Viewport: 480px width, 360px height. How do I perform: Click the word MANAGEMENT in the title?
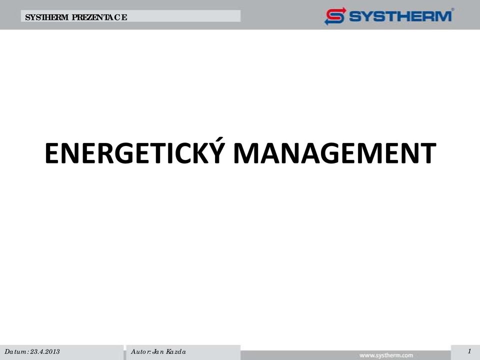tap(335, 153)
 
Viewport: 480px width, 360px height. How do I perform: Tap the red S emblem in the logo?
tap(335, 16)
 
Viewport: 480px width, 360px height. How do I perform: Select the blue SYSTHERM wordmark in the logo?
tap(400, 16)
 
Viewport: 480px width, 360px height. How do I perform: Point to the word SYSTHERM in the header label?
tap(47, 17)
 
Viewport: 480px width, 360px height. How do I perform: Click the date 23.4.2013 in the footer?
tap(45, 351)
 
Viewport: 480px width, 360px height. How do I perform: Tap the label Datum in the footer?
tap(15, 351)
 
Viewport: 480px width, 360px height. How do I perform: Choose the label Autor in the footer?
tap(140, 351)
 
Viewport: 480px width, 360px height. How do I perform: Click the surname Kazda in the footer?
tap(176, 351)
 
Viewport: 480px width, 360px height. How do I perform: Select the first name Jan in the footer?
tap(158, 351)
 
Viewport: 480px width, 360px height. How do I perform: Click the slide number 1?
tap(469, 351)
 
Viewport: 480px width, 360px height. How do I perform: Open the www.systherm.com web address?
tap(386, 355)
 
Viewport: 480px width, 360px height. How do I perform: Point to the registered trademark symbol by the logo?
tap(453, 9)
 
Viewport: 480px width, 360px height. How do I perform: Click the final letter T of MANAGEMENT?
tap(427, 153)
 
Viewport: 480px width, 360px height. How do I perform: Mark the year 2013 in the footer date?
tap(52, 351)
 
